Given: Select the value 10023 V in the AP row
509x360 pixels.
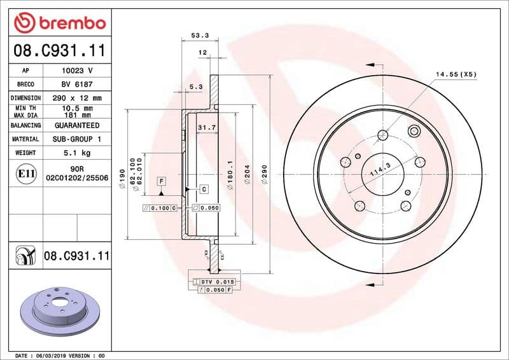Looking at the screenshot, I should coord(77,70).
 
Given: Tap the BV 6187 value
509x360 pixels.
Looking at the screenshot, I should coord(77,84).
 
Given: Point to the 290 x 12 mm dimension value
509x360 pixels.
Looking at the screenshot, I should coord(77,98).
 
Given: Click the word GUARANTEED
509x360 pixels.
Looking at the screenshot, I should coord(77,125).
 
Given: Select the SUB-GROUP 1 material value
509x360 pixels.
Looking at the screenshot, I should coord(77,139).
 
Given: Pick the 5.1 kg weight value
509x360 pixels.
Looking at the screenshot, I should coord(77,153).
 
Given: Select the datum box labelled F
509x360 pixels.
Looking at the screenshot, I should coord(162,181).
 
